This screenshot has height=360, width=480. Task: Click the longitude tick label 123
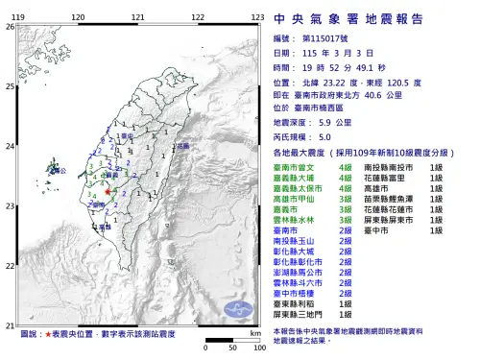coord(257,17)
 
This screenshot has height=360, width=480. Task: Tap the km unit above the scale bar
coord(254,332)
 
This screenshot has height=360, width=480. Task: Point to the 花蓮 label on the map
coord(180,146)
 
